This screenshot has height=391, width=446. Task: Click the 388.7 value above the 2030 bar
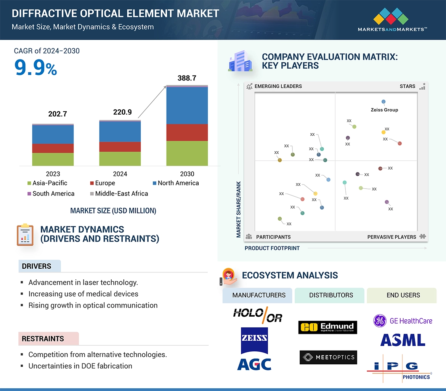coord(187,78)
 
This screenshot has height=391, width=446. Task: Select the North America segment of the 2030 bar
coord(187,106)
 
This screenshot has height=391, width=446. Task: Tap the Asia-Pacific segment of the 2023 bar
coord(53,159)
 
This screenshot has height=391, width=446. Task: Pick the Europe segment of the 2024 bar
coord(120,147)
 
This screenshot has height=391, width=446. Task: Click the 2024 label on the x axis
coord(120,174)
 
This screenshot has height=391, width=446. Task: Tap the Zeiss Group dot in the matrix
coord(383,102)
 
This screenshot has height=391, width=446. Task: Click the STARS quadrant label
coord(407,86)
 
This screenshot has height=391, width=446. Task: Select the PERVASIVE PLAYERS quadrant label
coord(391,237)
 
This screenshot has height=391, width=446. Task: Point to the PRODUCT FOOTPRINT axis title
coord(272,248)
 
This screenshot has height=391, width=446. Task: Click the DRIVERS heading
coord(37,266)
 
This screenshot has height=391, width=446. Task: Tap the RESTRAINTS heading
coord(43,339)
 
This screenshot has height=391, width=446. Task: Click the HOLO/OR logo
coord(257,314)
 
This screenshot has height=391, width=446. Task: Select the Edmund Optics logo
coord(328,327)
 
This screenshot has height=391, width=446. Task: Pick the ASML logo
coord(403,340)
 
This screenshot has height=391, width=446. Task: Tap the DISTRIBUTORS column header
coord(331,295)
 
